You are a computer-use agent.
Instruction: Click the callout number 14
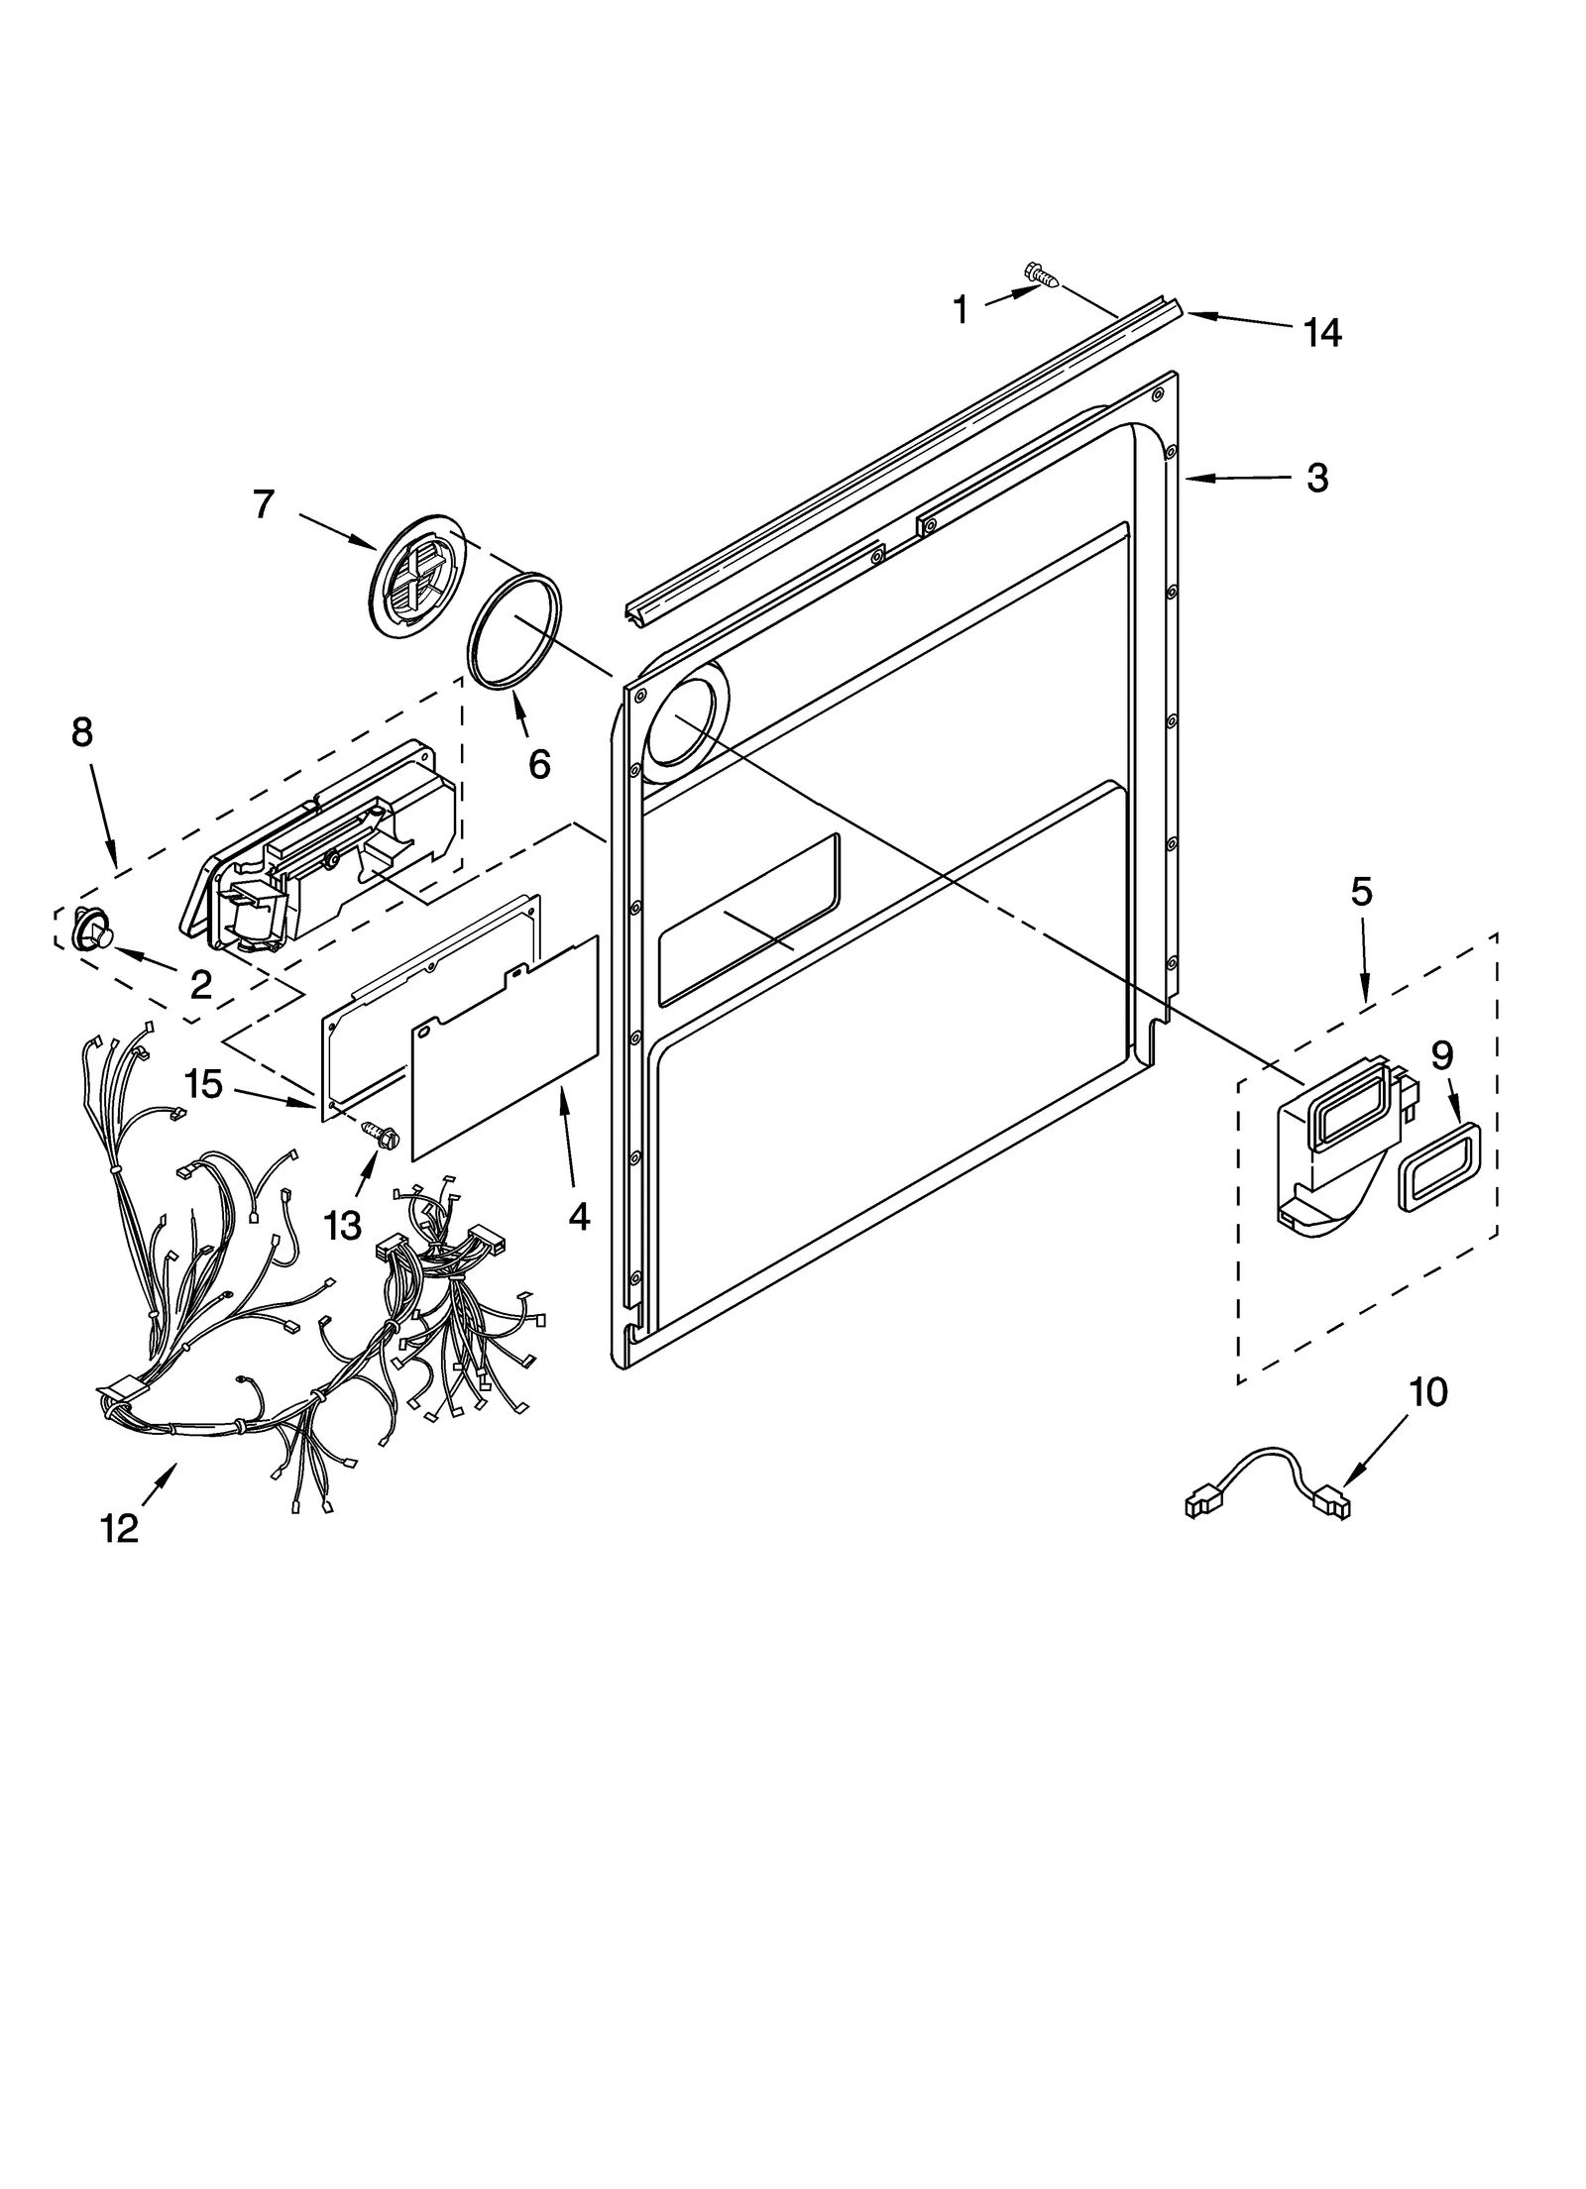point(1322,333)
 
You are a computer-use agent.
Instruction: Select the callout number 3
point(1316,479)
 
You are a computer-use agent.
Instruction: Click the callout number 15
point(203,1084)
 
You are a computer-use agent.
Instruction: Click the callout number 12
point(119,1529)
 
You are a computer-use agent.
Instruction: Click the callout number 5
point(1361,893)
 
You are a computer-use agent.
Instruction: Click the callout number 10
point(1427,1392)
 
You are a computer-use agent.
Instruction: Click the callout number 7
point(263,504)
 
